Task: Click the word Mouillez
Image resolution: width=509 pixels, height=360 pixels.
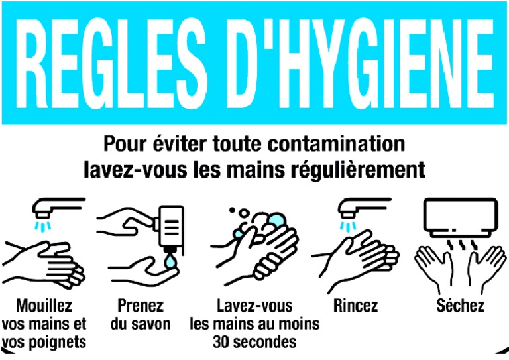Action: [44, 306]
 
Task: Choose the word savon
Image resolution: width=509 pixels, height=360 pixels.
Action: [152, 324]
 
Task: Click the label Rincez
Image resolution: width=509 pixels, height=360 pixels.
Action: [356, 306]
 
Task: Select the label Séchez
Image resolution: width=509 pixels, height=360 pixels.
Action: [461, 306]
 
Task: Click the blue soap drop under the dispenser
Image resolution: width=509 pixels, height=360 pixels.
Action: [170, 261]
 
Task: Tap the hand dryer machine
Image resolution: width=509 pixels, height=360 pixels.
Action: [459, 213]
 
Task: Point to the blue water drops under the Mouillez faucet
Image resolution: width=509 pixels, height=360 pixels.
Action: [44, 227]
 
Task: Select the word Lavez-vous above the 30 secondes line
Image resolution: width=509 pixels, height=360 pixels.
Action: [254, 306]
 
